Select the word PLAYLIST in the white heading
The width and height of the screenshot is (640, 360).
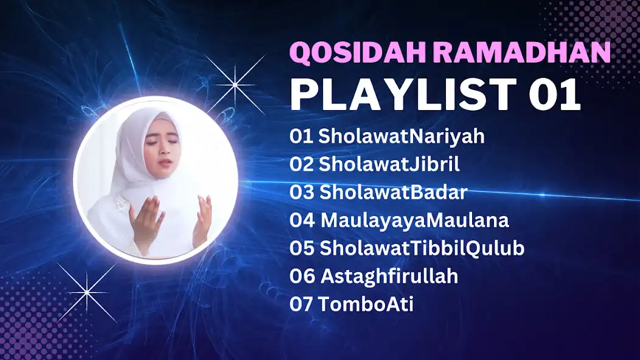point(401,94)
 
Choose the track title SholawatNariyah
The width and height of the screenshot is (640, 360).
point(402,136)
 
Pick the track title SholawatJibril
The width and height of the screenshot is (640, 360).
point(389,164)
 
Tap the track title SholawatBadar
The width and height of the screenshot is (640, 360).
point(393,192)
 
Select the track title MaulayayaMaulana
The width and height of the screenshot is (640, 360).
point(414,220)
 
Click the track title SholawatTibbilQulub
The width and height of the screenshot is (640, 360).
point(422,248)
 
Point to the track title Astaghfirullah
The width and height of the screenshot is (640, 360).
point(389,276)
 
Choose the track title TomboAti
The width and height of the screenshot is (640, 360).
point(366,304)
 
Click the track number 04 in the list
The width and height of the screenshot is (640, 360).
point(302,220)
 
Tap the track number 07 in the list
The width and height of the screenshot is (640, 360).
point(302,304)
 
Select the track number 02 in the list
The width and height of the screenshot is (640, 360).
point(302,164)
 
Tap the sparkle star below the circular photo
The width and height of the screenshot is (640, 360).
point(88,292)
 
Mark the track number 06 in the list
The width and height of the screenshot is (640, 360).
point(302,276)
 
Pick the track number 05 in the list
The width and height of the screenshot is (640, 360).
point(302,248)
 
